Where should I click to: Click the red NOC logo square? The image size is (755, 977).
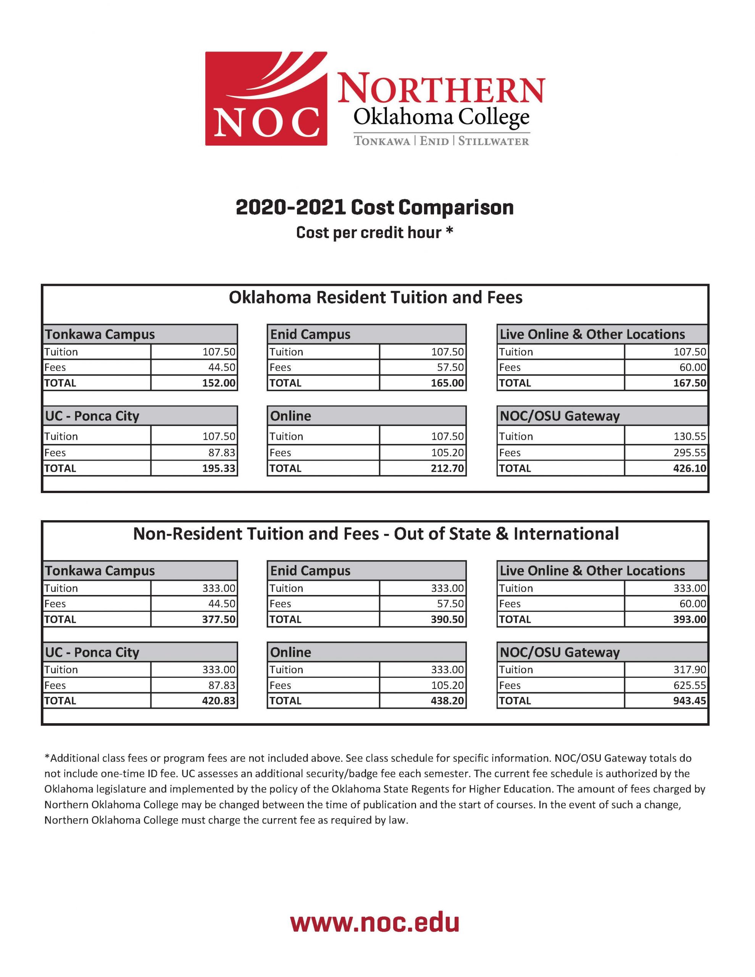(x=266, y=98)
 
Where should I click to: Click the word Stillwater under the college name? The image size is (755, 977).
(x=493, y=141)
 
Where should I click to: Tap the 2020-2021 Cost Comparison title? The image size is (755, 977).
(x=374, y=208)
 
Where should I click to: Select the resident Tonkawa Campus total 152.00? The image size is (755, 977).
(x=218, y=383)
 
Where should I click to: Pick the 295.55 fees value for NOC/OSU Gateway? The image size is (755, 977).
(x=690, y=452)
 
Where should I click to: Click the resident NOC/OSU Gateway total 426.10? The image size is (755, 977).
(x=690, y=468)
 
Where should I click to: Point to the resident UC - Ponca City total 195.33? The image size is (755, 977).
(x=218, y=468)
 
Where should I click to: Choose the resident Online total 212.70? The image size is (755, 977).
(x=447, y=468)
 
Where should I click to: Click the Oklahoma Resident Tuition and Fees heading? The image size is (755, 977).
(x=375, y=297)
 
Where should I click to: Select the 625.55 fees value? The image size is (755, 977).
(x=690, y=685)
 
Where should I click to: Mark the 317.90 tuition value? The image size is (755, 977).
(x=690, y=669)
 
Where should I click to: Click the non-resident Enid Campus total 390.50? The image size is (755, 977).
(x=447, y=619)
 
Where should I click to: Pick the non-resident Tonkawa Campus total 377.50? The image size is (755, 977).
(x=218, y=619)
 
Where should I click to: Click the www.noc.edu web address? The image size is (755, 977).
(x=374, y=922)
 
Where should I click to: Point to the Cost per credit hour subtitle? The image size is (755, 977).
(x=374, y=233)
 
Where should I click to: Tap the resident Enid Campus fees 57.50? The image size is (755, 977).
(x=450, y=367)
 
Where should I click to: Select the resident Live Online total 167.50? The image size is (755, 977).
(x=690, y=383)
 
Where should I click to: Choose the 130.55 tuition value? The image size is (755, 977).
(x=690, y=436)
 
